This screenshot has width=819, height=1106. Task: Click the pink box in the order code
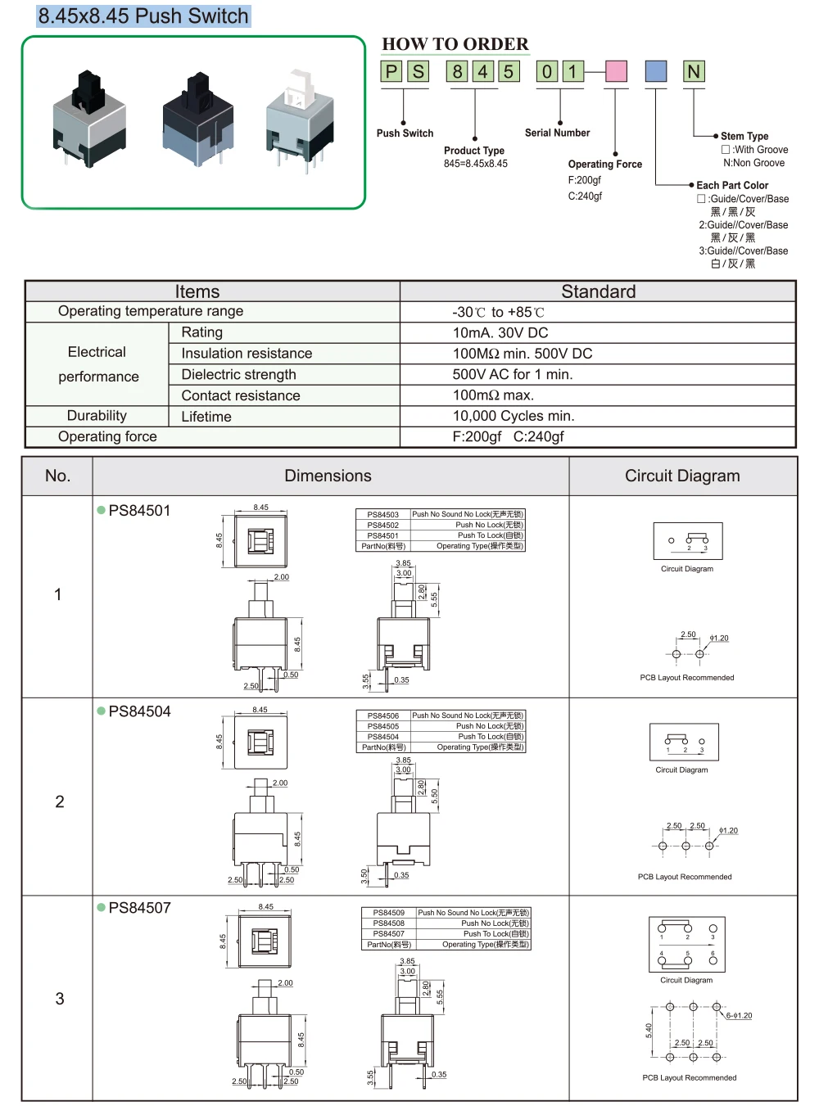click(616, 72)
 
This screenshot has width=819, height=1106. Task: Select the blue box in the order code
click(656, 72)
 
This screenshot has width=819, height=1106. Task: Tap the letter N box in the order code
click(694, 72)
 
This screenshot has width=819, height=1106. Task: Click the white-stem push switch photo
click(299, 119)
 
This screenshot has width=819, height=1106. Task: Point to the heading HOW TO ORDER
click(455, 44)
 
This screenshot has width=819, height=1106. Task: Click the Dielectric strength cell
click(239, 374)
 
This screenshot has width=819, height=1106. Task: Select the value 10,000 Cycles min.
click(514, 416)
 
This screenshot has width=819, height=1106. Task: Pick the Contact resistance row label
click(241, 395)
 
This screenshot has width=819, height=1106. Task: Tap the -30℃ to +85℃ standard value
click(498, 312)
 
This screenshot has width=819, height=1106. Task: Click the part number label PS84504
click(139, 711)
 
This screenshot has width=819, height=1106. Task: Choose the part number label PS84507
click(139, 908)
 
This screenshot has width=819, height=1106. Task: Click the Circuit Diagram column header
click(682, 476)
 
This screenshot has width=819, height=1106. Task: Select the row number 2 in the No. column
click(59, 801)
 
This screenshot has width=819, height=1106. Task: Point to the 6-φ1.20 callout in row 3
click(739, 1016)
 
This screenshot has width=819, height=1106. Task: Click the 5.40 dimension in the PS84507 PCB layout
click(649, 1031)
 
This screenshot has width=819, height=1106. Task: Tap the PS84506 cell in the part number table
click(383, 716)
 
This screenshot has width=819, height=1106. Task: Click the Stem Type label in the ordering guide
click(744, 136)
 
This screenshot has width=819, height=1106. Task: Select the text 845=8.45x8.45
click(476, 164)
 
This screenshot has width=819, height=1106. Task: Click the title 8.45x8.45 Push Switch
click(143, 16)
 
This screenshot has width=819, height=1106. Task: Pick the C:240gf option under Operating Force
click(585, 196)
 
